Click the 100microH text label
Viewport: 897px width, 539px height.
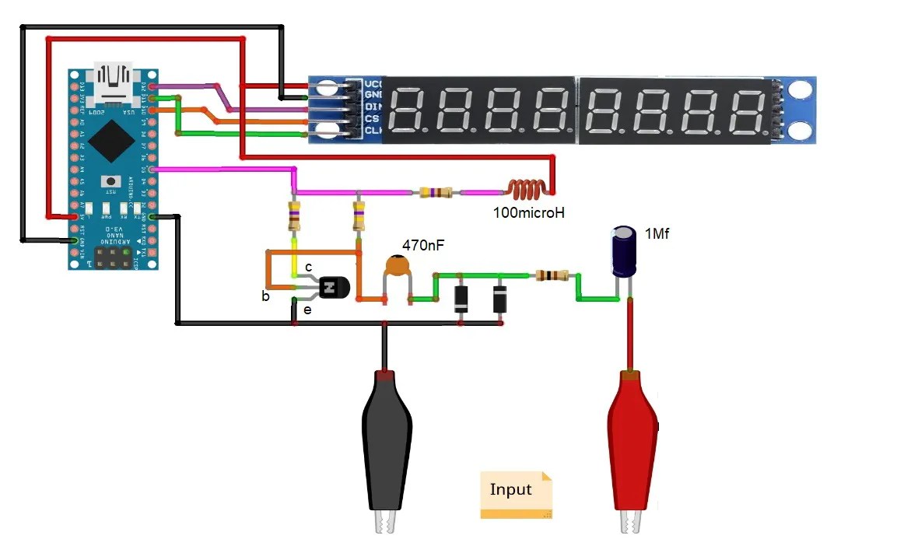click(x=528, y=211)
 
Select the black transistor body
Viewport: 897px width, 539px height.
click(x=332, y=289)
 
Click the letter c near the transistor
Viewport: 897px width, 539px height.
click(x=308, y=267)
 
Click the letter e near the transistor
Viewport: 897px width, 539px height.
click(x=307, y=310)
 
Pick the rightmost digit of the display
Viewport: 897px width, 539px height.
click(x=743, y=110)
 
